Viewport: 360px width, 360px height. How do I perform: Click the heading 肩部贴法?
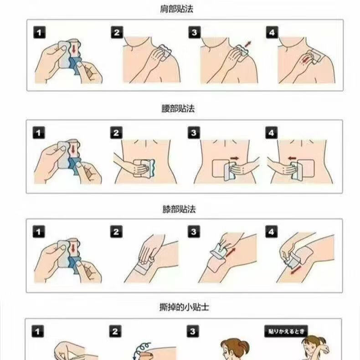176,9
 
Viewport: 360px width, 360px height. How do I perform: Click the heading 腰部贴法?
178,108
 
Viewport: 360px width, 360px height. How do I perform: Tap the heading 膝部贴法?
179,209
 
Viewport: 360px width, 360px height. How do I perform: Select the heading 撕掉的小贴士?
184,307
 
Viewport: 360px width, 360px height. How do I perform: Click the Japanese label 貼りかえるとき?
286,331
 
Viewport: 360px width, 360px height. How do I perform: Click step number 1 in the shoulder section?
39,32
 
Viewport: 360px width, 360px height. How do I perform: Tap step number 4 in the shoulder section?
272,32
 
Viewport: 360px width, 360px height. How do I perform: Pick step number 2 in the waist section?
116,133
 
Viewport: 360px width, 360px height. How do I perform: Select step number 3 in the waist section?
194,133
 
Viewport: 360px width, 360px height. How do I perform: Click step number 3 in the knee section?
194,231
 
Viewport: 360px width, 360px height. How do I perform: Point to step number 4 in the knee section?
271,231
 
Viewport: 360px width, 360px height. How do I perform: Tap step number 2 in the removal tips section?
115,331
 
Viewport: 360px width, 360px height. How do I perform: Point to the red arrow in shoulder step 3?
248,44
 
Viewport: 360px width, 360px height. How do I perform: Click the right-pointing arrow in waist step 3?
234,159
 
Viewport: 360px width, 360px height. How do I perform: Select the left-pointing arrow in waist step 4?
292,158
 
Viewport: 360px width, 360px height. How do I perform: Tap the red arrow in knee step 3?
231,252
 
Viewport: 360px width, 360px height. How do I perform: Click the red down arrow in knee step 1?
73,248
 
